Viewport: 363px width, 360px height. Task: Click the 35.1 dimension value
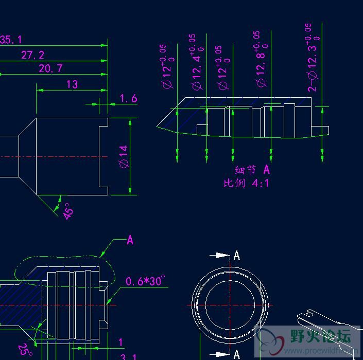pyautogui.click(x=10, y=40)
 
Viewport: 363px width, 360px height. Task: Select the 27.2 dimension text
pyautogui.click(x=32, y=55)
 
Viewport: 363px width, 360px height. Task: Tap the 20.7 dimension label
pyautogui.click(x=50, y=68)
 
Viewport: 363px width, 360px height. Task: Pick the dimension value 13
pyautogui.click(x=72, y=84)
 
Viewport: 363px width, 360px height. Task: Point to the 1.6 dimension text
pyautogui.click(x=128, y=98)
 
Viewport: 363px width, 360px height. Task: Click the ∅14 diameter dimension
pyautogui.click(x=123, y=156)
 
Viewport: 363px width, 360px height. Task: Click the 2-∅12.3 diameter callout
pyautogui.click(x=313, y=58)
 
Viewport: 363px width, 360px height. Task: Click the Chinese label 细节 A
pyautogui.click(x=252, y=170)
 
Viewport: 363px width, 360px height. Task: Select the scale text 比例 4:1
pyautogui.click(x=246, y=183)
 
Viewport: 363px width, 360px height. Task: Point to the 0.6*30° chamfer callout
pyautogui.click(x=146, y=281)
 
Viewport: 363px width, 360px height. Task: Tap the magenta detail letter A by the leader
pyautogui.click(x=130, y=240)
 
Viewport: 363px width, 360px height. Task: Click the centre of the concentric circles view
pyautogui.click(x=230, y=304)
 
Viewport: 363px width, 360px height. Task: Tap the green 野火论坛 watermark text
pyautogui.click(x=320, y=337)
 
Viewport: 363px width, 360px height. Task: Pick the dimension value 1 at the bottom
pyautogui.click(x=121, y=343)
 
